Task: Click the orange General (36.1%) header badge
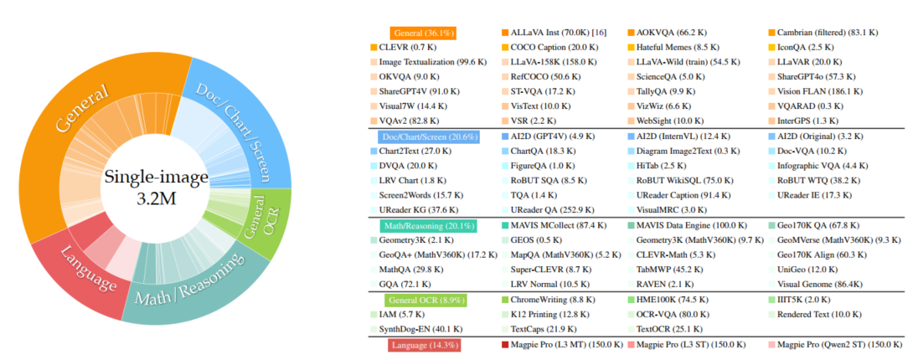(423, 33)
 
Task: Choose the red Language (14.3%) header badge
(423, 344)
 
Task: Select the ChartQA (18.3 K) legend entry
(545, 152)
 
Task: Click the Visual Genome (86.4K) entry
(821, 285)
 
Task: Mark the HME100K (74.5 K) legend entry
(671, 300)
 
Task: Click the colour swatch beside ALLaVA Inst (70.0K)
(505, 33)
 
